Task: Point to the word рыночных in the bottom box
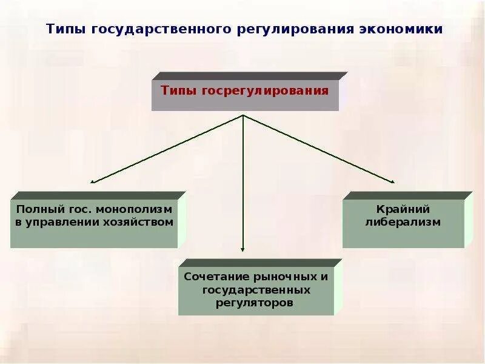[288, 276]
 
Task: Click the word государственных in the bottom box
[256, 289]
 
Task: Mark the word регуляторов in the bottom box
[255, 302]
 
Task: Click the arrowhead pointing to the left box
[93, 181]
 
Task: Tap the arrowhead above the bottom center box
[242, 249]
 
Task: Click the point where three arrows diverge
[242, 115]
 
